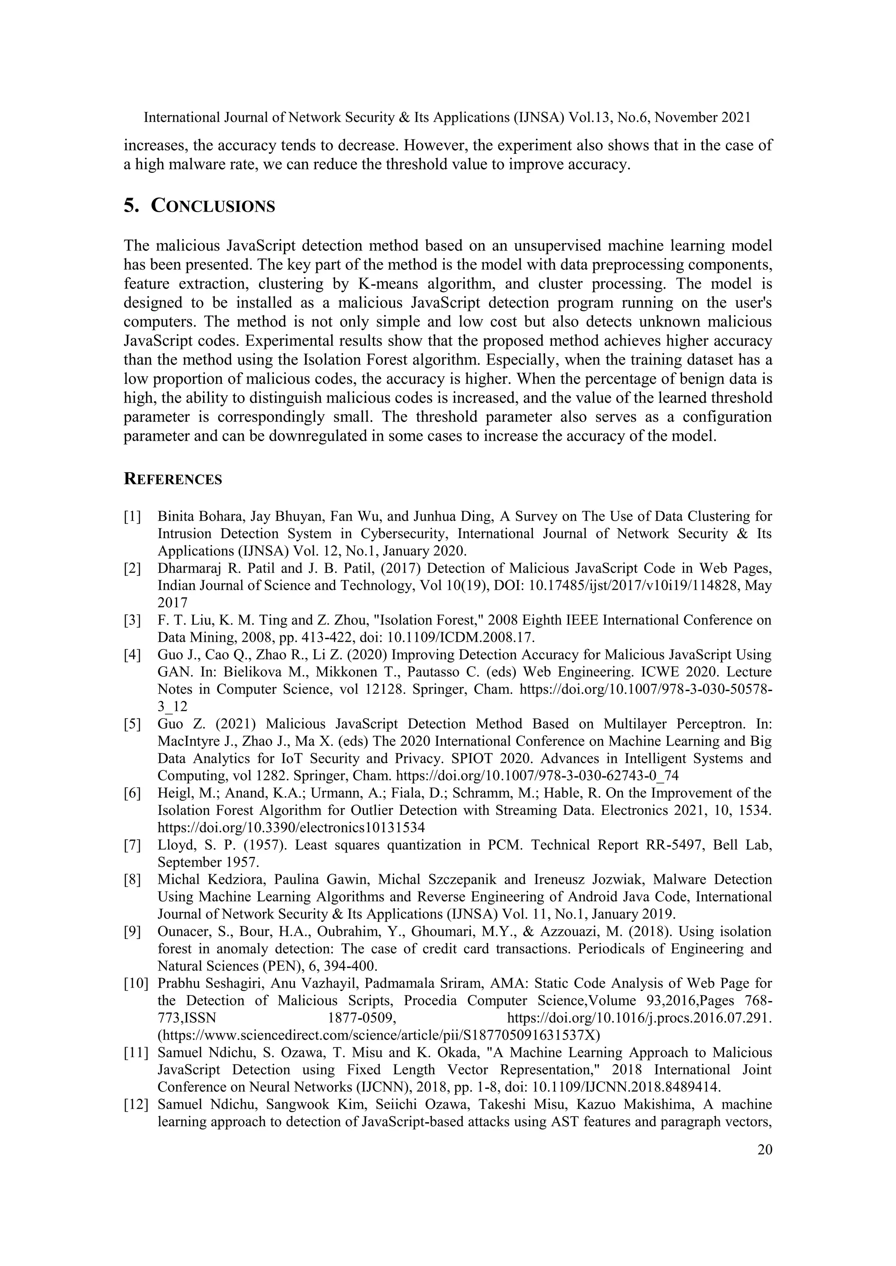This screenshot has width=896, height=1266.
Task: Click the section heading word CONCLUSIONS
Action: (213, 206)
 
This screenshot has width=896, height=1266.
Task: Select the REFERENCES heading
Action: (173, 479)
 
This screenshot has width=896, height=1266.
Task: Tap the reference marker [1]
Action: (133, 517)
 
